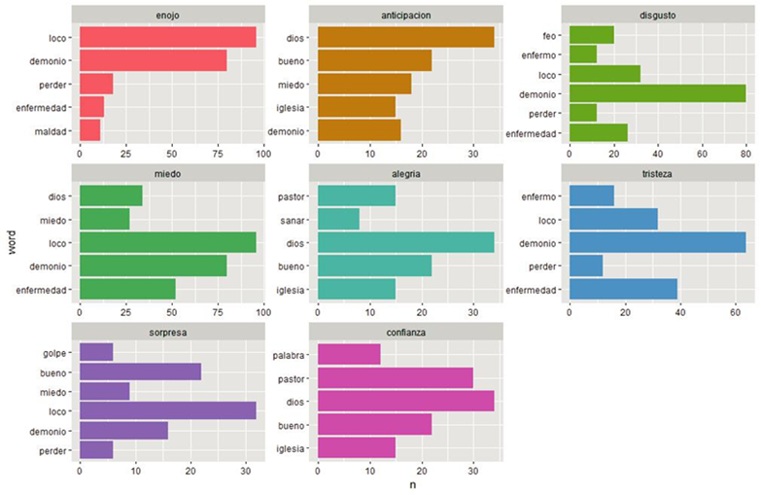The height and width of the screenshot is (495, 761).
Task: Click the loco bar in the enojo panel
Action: (x=167, y=37)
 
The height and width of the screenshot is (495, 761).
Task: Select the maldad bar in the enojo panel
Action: (x=89, y=130)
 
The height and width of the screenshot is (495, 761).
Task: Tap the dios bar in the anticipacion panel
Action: (x=405, y=37)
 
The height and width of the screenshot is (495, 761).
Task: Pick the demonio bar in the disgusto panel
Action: (x=657, y=93)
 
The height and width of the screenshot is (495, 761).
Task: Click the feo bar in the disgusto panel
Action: (x=591, y=35)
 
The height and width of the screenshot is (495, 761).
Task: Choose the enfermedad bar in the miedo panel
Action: (x=127, y=289)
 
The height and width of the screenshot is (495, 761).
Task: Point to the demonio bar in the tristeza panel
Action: (x=657, y=242)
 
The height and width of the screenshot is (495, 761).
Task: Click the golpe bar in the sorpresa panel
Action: (x=95, y=352)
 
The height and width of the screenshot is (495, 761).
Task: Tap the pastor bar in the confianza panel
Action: (x=395, y=376)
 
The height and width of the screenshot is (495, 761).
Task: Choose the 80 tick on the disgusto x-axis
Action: (x=745, y=153)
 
